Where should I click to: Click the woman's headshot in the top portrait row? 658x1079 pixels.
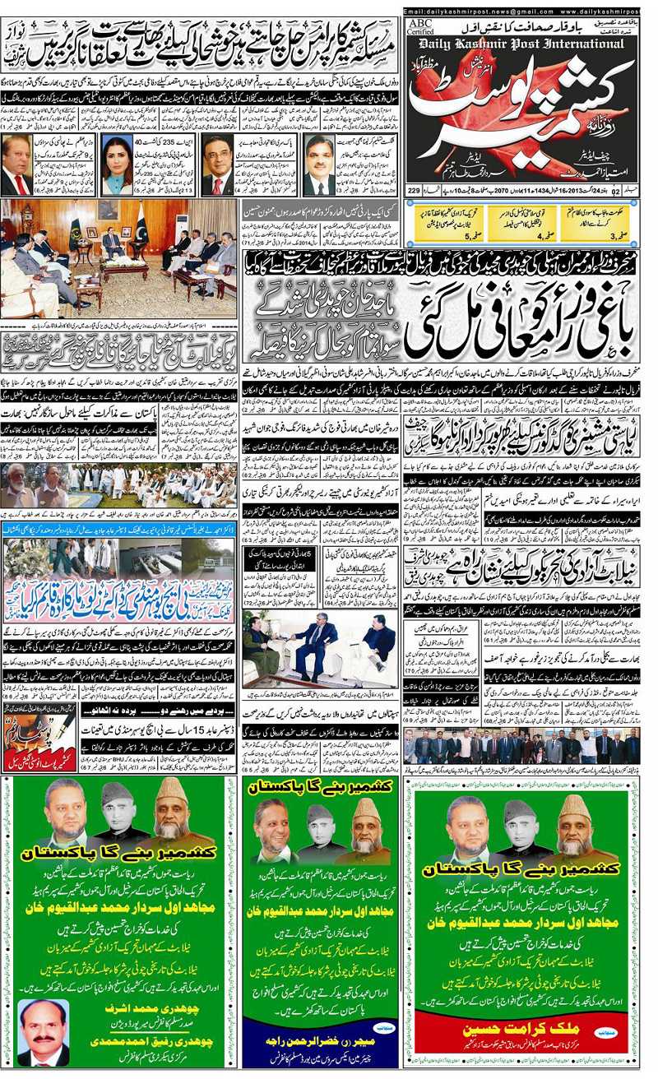(117, 167)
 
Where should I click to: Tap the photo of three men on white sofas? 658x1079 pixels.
(323, 649)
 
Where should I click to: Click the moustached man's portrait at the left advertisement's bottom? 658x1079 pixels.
(43, 1032)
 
